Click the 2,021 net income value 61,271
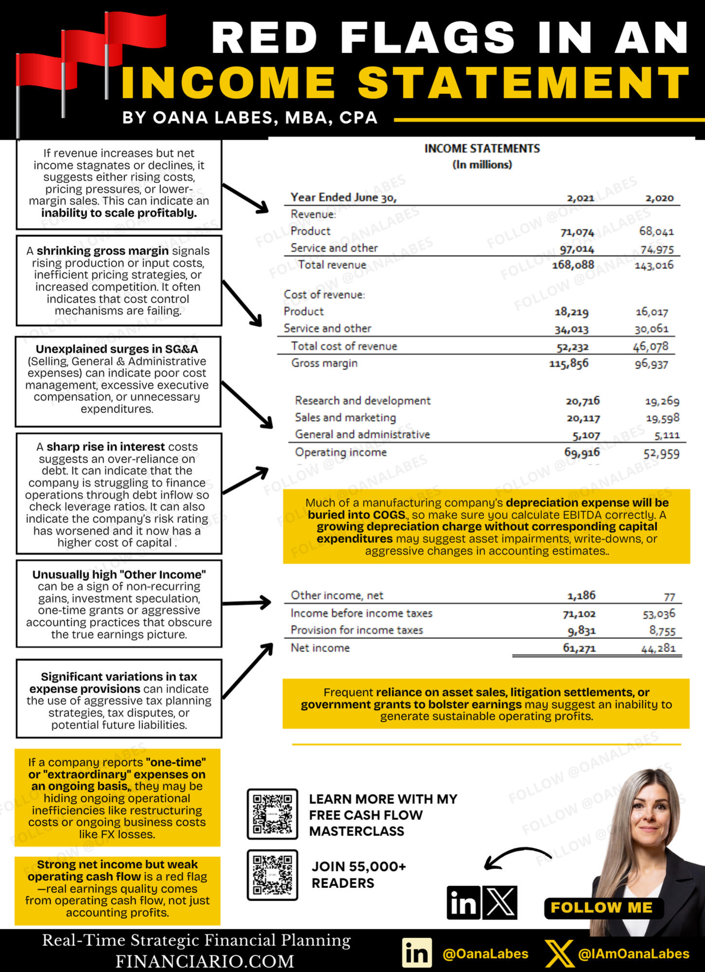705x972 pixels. (579, 648)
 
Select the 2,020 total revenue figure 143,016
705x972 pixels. (654, 265)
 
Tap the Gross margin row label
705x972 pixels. (324, 363)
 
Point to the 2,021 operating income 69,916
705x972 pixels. (582, 452)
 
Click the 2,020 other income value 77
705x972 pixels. (670, 596)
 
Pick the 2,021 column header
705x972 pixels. (581, 198)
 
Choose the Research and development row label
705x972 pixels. (363, 400)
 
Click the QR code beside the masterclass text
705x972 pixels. (272, 814)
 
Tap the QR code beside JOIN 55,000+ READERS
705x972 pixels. (272, 875)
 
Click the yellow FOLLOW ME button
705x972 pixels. (601, 907)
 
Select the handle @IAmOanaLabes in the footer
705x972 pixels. (634, 954)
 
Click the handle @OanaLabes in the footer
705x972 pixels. (485, 954)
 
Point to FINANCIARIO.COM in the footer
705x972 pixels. (205, 961)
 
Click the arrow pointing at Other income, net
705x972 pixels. (247, 603)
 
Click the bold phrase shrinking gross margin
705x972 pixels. (103, 251)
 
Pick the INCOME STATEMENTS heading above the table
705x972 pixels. (482, 148)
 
